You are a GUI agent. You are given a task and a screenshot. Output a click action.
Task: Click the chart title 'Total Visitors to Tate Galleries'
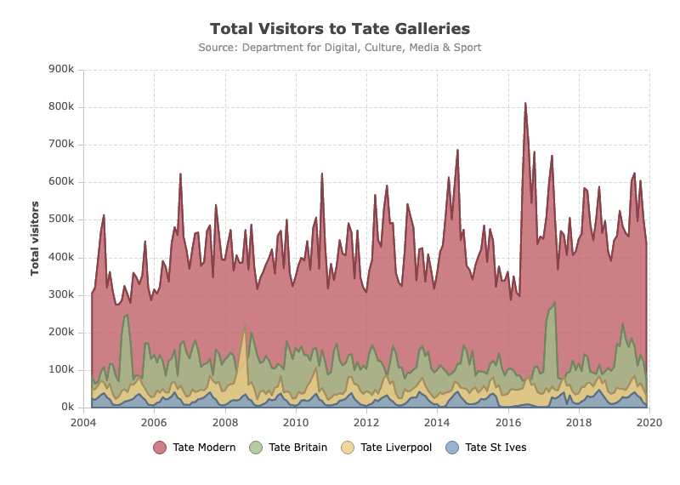340,29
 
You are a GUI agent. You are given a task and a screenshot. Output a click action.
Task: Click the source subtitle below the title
340,48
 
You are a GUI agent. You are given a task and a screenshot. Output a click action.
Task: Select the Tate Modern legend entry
195,448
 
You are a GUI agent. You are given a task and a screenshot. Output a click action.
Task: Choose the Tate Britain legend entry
288,448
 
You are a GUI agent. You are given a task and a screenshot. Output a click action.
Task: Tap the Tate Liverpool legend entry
387,448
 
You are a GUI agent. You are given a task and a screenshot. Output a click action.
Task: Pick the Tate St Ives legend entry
486,448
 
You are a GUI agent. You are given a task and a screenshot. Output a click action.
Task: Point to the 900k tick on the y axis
61,69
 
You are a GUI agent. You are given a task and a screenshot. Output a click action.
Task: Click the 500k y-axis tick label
61,219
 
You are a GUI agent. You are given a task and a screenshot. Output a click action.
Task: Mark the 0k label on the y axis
68,407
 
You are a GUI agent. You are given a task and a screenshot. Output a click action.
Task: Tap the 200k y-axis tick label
61,332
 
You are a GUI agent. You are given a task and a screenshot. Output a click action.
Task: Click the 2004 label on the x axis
83,423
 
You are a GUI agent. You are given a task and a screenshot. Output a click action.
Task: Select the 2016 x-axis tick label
508,423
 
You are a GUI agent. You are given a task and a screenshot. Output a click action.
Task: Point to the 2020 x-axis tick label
649,423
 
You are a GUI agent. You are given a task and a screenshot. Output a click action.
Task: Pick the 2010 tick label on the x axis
296,423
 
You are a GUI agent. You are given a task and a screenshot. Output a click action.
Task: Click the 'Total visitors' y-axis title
35,238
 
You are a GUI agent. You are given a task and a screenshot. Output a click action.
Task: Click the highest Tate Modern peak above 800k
525,103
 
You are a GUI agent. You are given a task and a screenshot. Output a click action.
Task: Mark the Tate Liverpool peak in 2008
246,323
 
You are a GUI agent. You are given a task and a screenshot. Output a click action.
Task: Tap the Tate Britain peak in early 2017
555,302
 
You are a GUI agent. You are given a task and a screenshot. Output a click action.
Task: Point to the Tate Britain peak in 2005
127,315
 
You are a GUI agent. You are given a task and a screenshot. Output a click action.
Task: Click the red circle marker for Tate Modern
160,448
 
